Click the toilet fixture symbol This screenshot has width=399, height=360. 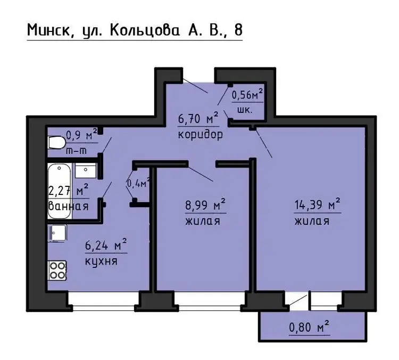[56, 143]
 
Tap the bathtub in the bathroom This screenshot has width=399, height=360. [60, 191]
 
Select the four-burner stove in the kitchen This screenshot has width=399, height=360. [57, 271]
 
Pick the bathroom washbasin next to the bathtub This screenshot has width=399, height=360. [86, 170]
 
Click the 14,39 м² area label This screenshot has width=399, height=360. [317, 204]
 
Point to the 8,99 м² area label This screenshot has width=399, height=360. [205, 204]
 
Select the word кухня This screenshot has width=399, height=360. [101, 261]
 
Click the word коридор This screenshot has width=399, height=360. [200, 134]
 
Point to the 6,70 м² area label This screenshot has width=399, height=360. [198, 118]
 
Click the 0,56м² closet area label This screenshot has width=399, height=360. [247, 94]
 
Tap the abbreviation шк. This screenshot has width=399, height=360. [245, 110]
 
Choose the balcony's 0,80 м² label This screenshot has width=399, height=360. [309, 326]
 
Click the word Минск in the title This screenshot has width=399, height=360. [48, 30]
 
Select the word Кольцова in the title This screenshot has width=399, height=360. [145, 30]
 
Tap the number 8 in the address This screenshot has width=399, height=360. [238, 30]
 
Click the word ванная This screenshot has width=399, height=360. [69, 206]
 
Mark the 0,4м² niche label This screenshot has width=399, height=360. [138, 183]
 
